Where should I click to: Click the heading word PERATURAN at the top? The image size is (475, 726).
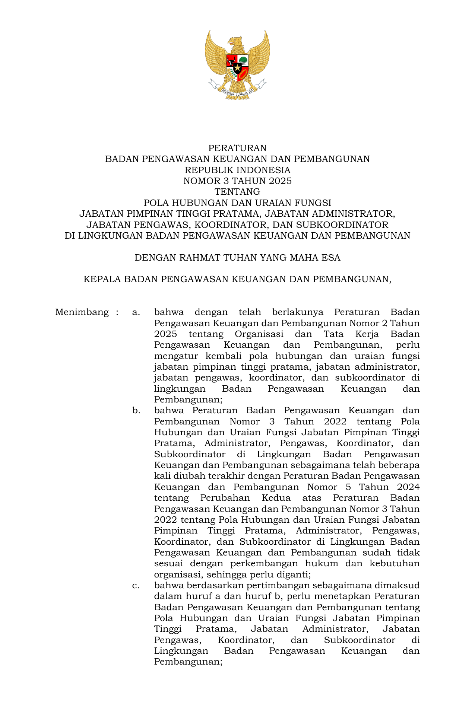coord(237,148)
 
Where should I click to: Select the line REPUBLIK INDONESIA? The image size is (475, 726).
coord(237,170)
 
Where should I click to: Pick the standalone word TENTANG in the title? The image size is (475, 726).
coord(237,192)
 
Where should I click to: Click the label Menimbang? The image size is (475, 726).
coord(82,312)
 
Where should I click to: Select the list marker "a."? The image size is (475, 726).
coord(136,312)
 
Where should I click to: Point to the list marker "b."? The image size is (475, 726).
coord(136,410)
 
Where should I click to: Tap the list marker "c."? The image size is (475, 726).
coord(136,585)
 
